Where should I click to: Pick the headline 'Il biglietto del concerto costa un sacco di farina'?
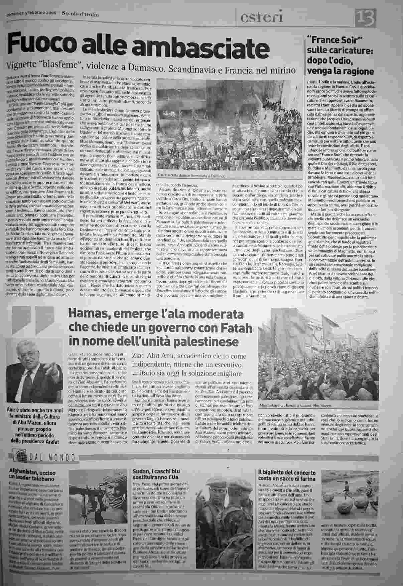click(287, 476)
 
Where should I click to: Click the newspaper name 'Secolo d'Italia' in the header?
click(80, 14)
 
